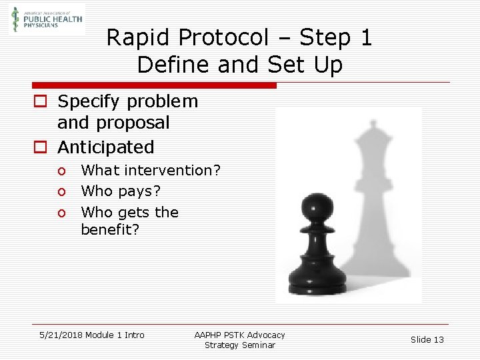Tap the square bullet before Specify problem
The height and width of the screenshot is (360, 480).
[40, 102]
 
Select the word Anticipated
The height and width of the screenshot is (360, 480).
[105, 147]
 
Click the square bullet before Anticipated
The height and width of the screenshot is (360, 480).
[40, 147]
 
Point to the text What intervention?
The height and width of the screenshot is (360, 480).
[151, 171]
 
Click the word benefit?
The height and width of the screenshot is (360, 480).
[111, 230]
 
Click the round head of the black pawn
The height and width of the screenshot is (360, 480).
[313, 206]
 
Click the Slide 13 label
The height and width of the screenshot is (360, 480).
[427, 339]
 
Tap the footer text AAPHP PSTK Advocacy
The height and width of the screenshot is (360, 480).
[239, 335]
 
